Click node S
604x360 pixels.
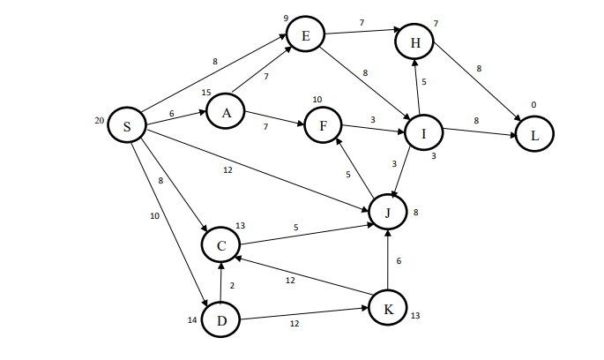[x=127, y=126]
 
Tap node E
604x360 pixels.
[x=306, y=35]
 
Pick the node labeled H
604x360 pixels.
[x=414, y=41]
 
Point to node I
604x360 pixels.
[x=424, y=134]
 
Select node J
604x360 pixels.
[x=387, y=212]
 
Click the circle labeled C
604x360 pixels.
[x=221, y=244]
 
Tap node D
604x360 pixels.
[x=220, y=319]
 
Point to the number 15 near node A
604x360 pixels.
[x=206, y=92]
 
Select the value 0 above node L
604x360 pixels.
[x=533, y=105]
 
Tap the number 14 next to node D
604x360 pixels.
[x=192, y=319]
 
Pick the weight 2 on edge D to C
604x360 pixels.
[x=232, y=285]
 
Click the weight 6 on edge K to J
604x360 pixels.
[x=399, y=260]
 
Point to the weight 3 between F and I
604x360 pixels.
[x=373, y=119]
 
